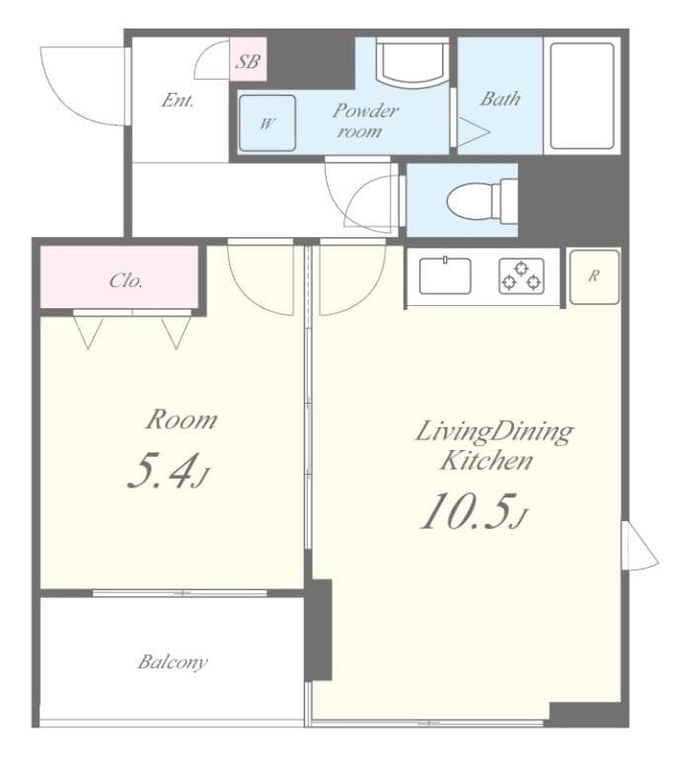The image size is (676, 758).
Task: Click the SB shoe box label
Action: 248,61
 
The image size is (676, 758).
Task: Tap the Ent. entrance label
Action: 178,101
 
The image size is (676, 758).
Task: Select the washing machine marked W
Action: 267,123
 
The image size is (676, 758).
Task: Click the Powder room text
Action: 364,119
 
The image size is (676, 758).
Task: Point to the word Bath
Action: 500,99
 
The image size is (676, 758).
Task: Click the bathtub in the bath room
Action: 581,95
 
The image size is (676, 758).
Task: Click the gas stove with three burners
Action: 520,275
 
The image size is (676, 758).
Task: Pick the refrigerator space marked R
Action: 594,275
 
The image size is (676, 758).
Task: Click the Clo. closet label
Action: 126,280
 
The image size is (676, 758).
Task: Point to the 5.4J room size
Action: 168,472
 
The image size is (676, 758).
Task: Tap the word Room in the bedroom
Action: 181,419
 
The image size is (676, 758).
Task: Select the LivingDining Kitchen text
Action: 490,445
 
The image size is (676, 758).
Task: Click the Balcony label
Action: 173,661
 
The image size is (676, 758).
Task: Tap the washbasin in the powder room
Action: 413,62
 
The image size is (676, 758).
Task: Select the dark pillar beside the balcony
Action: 319,629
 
